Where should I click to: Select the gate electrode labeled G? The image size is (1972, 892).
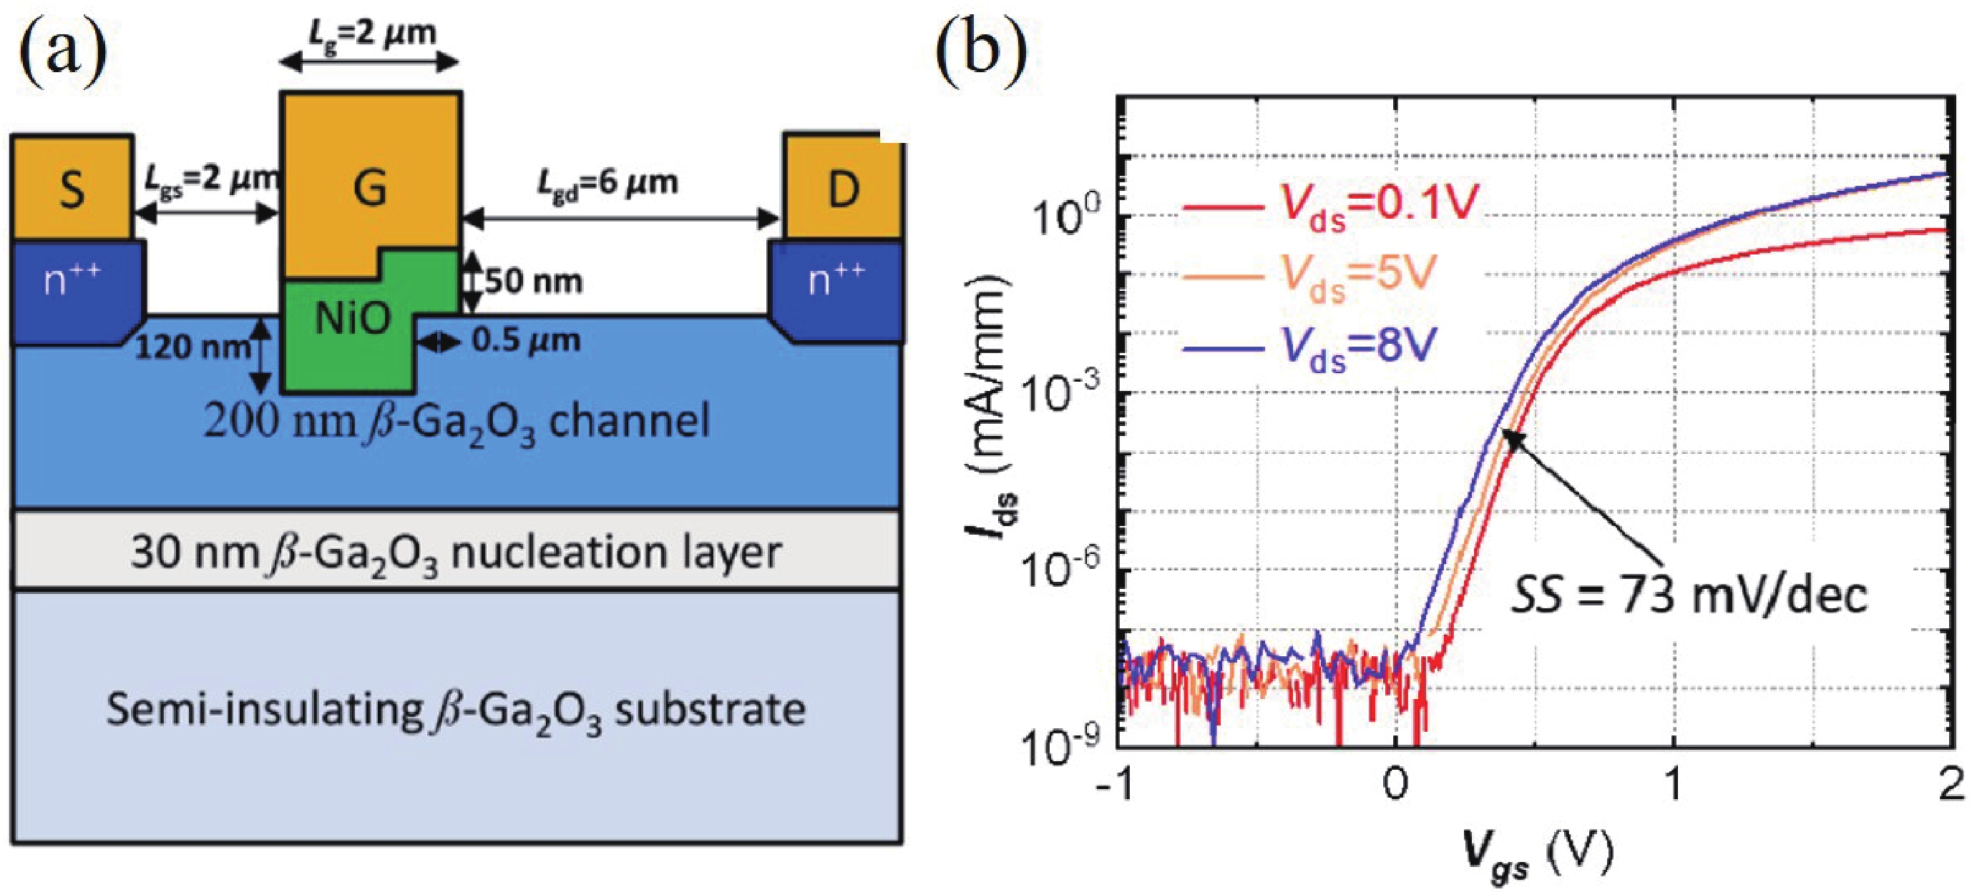click(370, 187)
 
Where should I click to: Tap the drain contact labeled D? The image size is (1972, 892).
click(843, 188)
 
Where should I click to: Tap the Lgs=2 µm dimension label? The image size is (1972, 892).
click(210, 182)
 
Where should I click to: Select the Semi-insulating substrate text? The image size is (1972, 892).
click(456, 710)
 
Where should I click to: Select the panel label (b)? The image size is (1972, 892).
click(981, 50)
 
